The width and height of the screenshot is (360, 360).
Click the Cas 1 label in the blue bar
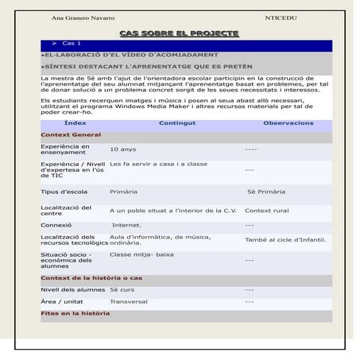click(72, 43)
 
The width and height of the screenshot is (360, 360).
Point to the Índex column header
click(75, 124)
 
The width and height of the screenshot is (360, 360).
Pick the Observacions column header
click(288, 124)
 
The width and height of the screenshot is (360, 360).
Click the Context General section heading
click(71, 135)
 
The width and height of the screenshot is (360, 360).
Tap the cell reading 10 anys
click(123, 149)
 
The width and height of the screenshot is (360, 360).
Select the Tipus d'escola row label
click(64, 192)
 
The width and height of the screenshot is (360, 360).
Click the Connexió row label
click(58, 225)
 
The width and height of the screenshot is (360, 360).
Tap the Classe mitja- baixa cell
click(141, 254)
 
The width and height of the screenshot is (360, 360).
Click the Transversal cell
click(129, 302)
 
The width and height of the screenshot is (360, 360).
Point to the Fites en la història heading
click(75, 314)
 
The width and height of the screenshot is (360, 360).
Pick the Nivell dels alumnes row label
click(72, 290)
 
